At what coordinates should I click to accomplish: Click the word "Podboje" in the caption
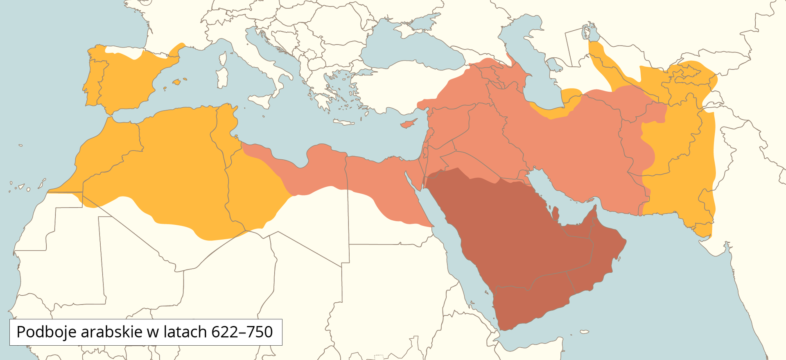(x=46, y=332)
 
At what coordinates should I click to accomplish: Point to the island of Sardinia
(x=222, y=78)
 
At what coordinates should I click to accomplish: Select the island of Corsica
(x=223, y=59)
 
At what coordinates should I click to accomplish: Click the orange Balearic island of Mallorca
(x=176, y=82)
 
